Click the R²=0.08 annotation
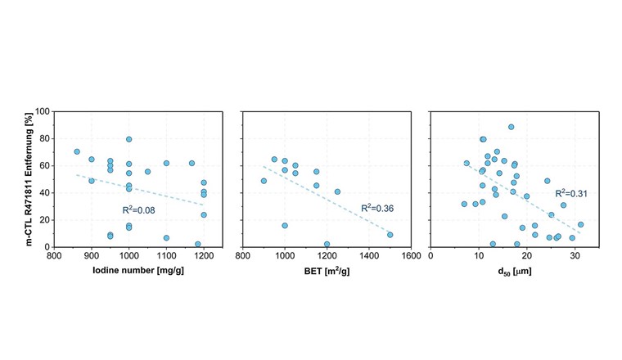coord(139,210)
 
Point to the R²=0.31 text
coord(571,194)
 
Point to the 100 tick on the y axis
coord(40,111)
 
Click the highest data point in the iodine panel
coord(128,139)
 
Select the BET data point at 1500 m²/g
coord(390,235)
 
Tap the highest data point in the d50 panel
coord(512,127)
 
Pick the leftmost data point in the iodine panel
coord(77,151)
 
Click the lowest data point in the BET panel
coord(327,244)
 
